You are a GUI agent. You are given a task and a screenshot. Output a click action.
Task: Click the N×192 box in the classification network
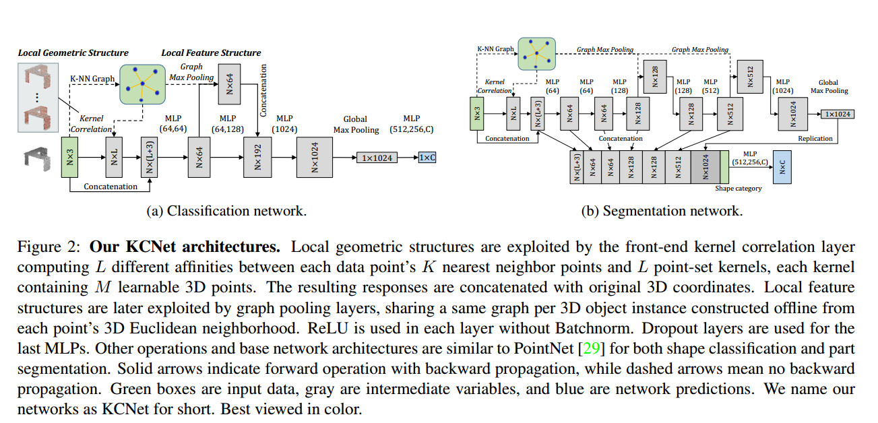(x=257, y=157)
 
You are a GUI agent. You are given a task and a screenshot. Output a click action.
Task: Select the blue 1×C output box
(x=427, y=158)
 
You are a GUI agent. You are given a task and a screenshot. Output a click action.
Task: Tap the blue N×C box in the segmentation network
(x=782, y=167)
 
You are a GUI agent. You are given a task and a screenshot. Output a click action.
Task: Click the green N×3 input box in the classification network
(x=70, y=157)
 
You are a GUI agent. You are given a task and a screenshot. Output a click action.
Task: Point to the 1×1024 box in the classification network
(x=377, y=158)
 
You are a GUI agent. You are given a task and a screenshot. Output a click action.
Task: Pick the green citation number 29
(x=592, y=348)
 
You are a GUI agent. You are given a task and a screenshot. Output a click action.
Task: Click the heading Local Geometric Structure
(x=73, y=53)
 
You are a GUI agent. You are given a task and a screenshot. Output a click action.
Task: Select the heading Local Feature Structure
(x=212, y=53)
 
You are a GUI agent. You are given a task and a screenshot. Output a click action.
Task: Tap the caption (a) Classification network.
(x=226, y=211)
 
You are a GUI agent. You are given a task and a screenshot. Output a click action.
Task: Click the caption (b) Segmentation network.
(x=662, y=211)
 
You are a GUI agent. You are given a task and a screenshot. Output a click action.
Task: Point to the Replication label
(x=815, y=138)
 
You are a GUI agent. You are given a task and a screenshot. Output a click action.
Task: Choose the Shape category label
(x=739, y=189)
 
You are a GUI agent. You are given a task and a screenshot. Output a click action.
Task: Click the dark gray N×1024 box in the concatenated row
(x=705, y=167)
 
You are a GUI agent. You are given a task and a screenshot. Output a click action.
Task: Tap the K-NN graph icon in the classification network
(x=142, y=84)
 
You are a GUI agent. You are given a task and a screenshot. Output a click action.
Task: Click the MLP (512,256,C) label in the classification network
(x=412, y=124)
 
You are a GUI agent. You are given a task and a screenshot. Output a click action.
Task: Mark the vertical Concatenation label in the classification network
(x=263, y=90)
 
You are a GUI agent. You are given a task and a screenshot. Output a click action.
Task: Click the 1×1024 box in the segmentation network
(x=838, y=114)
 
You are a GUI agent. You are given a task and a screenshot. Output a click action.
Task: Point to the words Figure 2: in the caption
(x=49, y=247)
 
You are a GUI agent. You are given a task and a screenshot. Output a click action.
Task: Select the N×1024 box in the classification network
(x=315, y=157)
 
